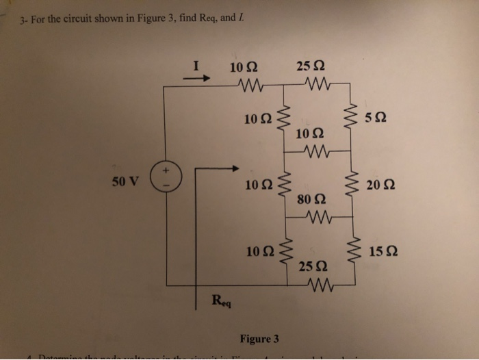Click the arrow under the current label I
pyautogui.click(x=196, y=78)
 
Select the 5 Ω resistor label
pyautogui.click(x=375, y=118)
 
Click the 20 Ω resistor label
pyautogui.click(x=378, y=186)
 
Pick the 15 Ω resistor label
pyautogui.click(x=378, y=253)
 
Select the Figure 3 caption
pyautogui.click(x=259, y=338)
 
